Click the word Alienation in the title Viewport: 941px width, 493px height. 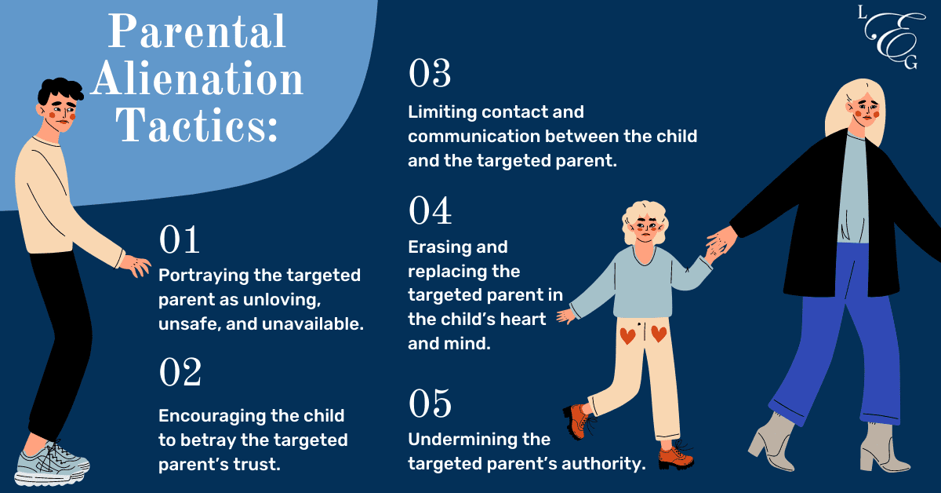197,79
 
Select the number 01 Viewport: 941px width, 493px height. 179,239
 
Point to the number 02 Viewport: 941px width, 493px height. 180,372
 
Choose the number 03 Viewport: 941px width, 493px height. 430,73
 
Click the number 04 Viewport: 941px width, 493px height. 431,210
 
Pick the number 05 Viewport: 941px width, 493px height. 430,403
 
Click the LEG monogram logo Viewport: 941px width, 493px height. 891,38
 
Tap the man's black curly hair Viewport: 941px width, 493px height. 60,90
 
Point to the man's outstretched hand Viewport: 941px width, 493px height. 136,266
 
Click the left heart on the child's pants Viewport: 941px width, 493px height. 627,336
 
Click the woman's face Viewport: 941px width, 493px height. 867,109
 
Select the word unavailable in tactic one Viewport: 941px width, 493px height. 313,324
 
